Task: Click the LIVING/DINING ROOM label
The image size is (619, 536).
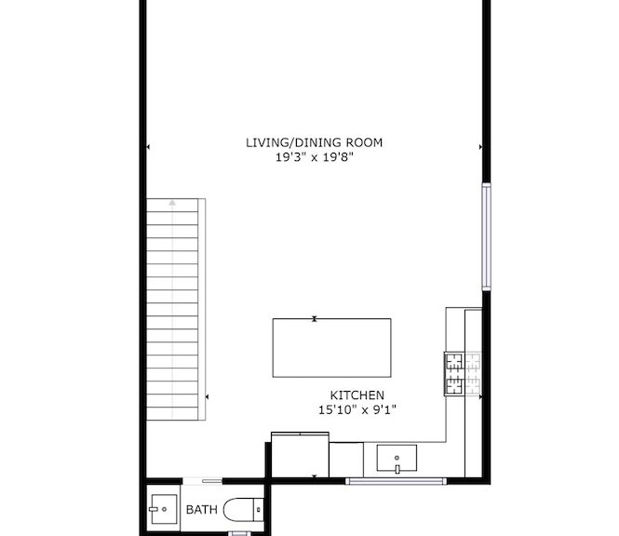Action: click(x=315, y=142)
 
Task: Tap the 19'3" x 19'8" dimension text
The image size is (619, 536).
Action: click(x=315, y=157)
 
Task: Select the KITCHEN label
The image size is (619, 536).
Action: click(x=357, y=395)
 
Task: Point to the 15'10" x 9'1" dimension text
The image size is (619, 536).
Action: click(x=357, y=410)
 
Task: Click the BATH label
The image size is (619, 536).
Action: click(x=201, y=510)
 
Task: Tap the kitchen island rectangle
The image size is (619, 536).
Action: click(x=331, y=348)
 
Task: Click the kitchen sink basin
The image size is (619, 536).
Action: click(x=397, y=458)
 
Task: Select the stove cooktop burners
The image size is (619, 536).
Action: click(x=463, y=374)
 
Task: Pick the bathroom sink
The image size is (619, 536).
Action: click(x=164, y=509)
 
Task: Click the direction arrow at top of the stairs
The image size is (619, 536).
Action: click(x=172, y=203)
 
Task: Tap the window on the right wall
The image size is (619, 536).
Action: click(x=486, y=236)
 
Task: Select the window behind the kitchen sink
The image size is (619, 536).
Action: click(x=396, y=481)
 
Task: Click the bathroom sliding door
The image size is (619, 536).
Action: click(x=203, y=481)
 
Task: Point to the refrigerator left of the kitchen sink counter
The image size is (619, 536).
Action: click(x=300, y=455)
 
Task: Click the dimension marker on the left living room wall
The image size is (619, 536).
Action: click(x=148, y=147)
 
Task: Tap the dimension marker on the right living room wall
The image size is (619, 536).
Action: click(x=480, y=147)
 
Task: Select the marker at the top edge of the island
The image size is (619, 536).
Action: click(x=315, y=319)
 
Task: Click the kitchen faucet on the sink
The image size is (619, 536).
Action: click(x=397, y=467)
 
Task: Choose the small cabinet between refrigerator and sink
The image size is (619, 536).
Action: click(x=346, y=460)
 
